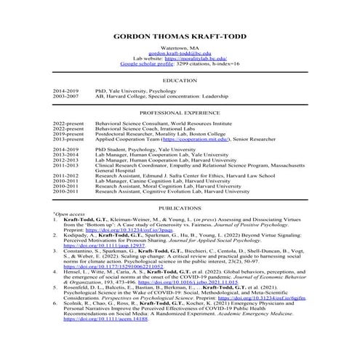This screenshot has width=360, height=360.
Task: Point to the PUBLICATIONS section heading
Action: [180, 207]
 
